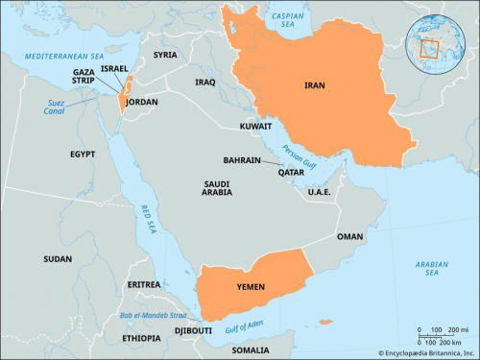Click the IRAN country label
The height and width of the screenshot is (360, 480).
point(314,84)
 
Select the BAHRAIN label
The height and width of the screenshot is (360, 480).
point(243,160)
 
